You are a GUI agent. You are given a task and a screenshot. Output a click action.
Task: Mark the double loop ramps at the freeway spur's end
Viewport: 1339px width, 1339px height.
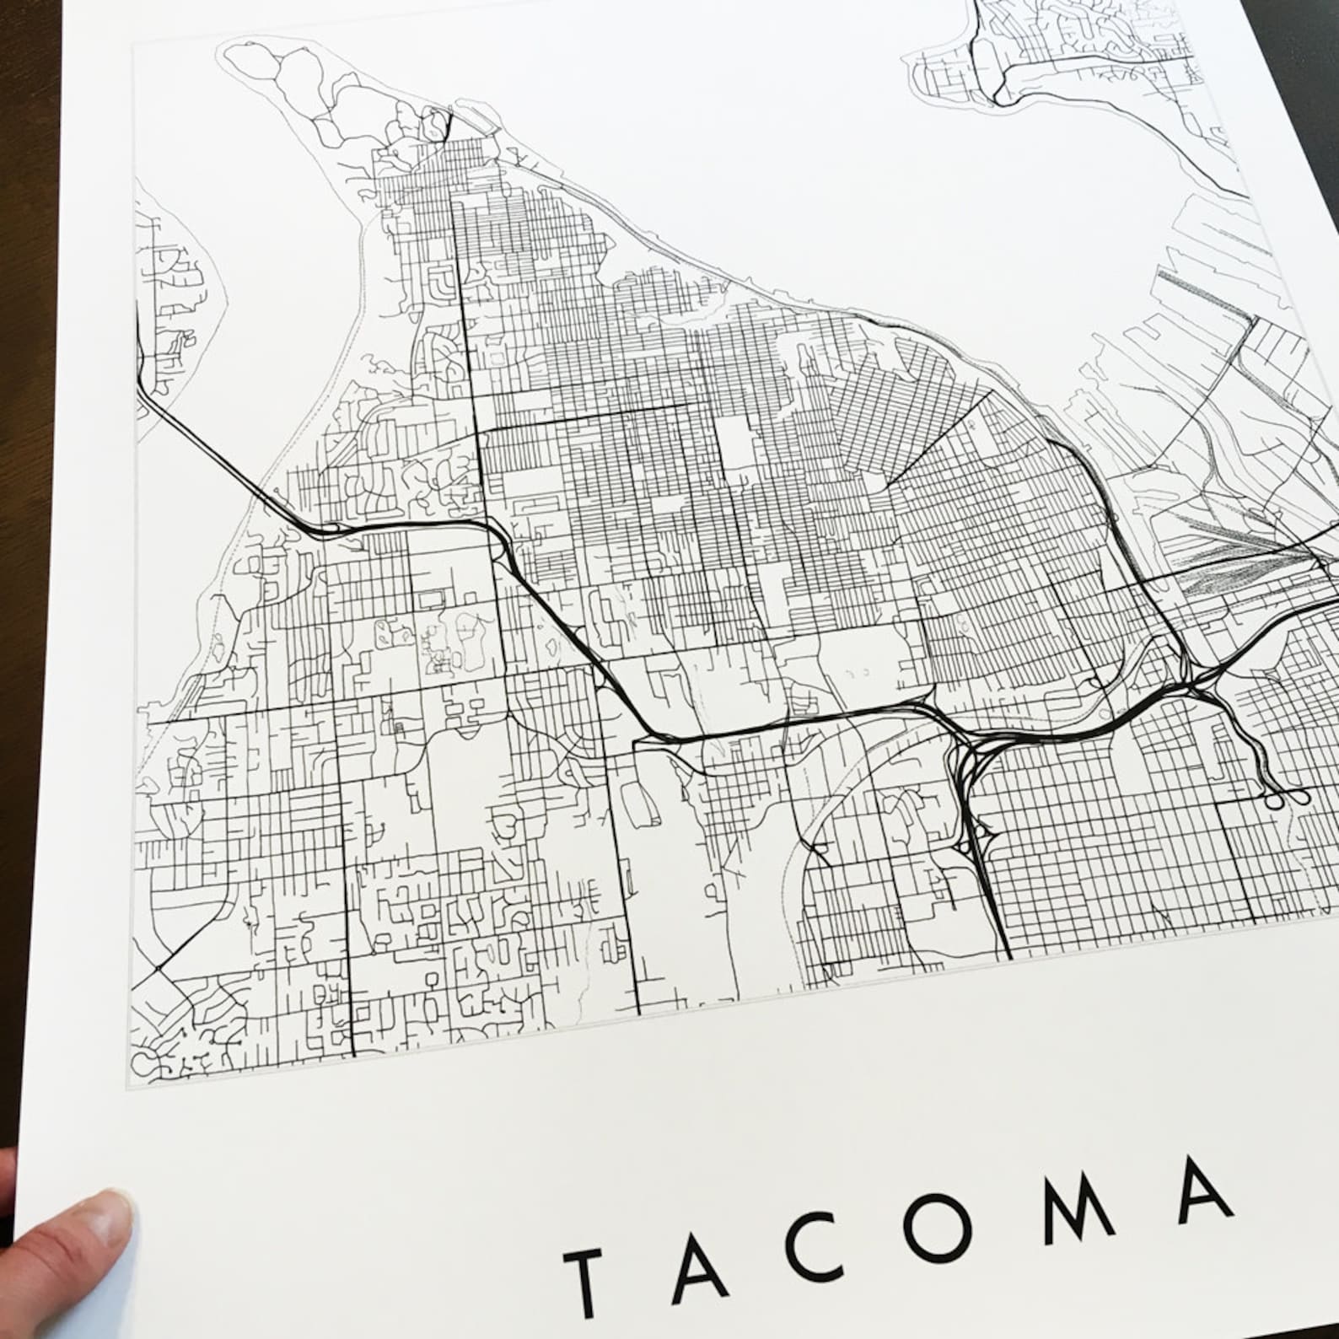pyautogui.click(x=1286, y=795)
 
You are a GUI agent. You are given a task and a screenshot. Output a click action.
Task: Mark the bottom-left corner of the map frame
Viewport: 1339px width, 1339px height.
pyautogui.click(x=128, y=1089)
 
